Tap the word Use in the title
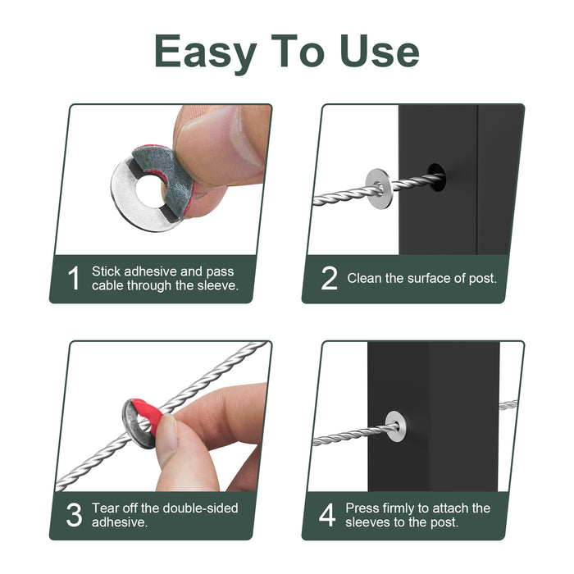[x=379, y=51]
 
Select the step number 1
[x=74, y=278]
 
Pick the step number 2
[x=329, y=278]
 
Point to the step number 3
[x=74, y=515]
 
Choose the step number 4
[x=327, y=515]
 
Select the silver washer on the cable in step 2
[x=380, y=187]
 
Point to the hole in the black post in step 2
[x=436, y=178]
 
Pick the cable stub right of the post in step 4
[x=508, y=405]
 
